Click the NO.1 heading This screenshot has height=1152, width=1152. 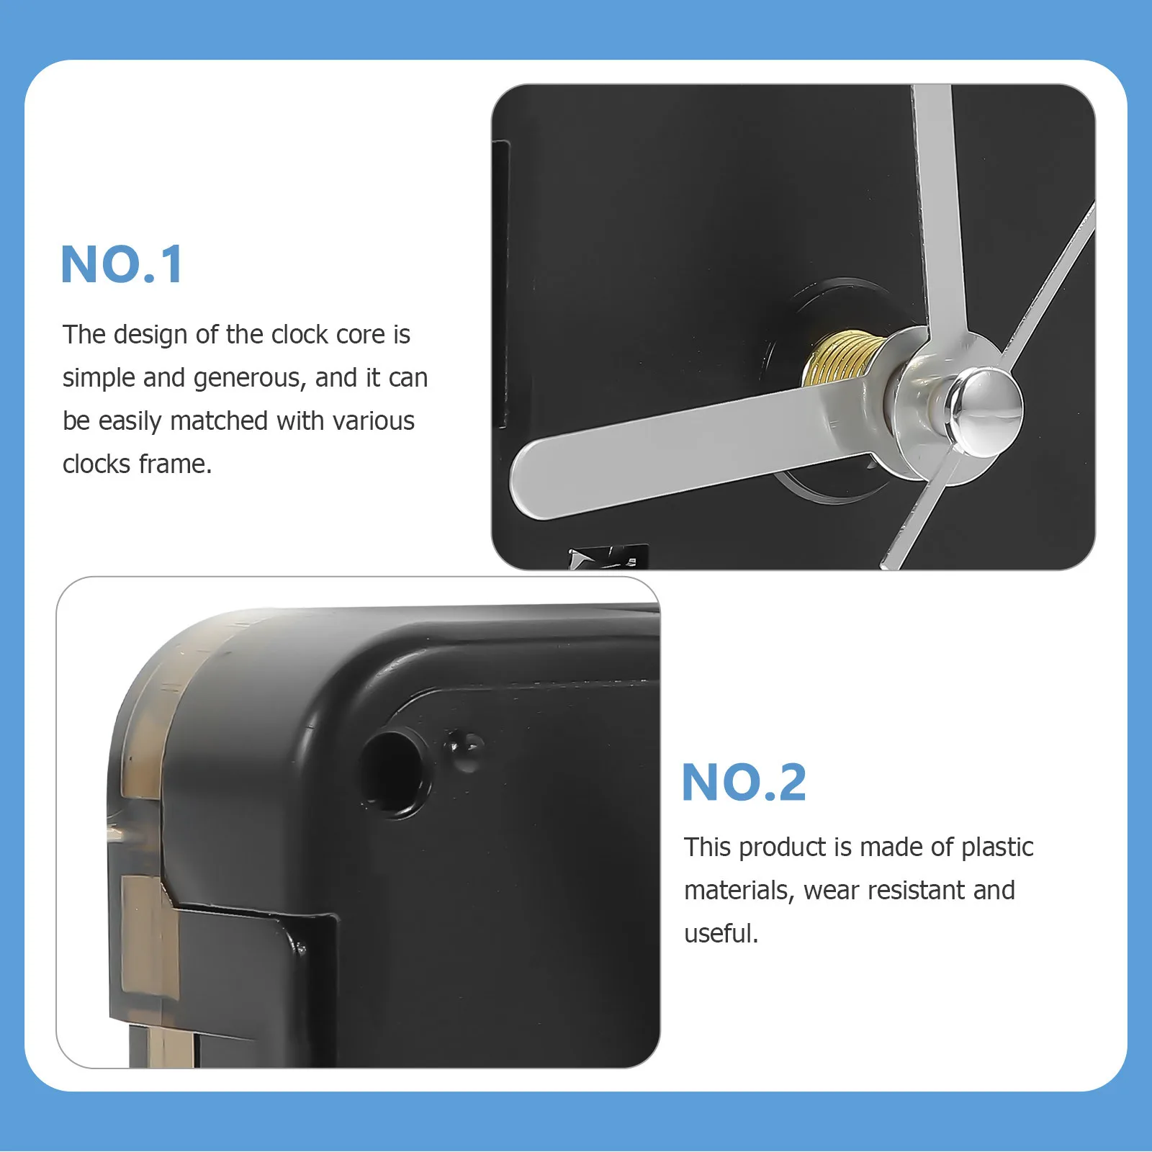(x=122, y=264)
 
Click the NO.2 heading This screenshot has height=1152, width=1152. (x=744, y=782)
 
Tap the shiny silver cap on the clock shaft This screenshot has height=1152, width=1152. (x=984, y=408)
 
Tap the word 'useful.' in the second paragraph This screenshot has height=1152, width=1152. (x=721, y=934)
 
